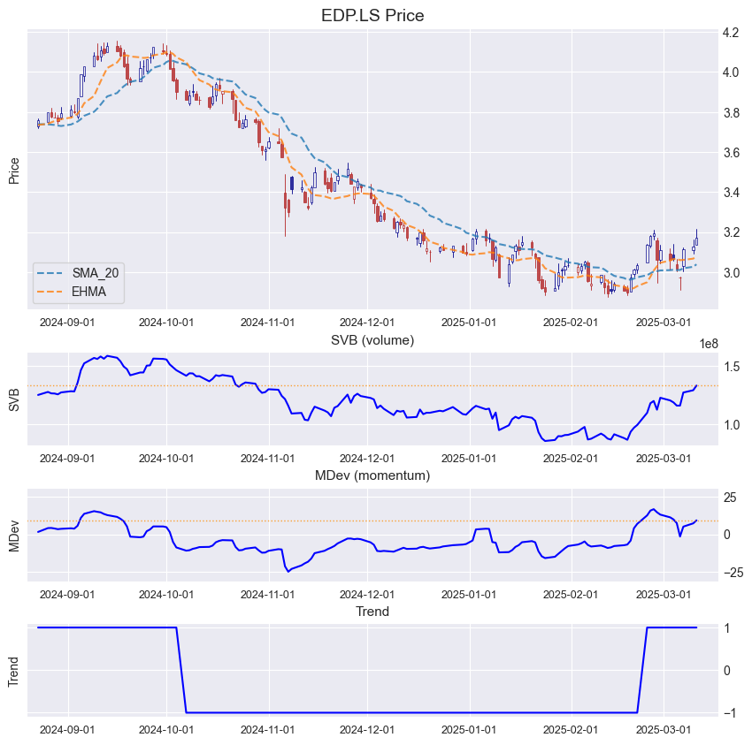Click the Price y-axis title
point(14,170)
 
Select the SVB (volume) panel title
point(372,339)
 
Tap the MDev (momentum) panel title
point(372,475)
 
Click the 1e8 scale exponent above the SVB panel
point(708,344)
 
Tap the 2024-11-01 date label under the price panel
point(268,323)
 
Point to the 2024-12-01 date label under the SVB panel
point(368,459)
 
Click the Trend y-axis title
point(14,670)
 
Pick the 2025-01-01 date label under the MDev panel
point(469,595)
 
